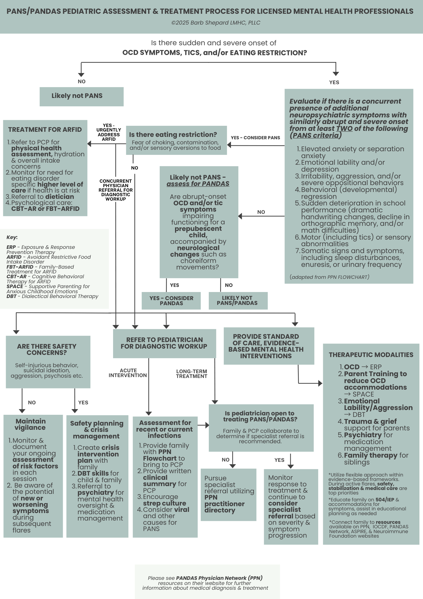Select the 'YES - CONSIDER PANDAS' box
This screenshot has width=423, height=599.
tap(171, 301)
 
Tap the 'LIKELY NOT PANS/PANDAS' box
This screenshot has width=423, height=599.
tap(238, 301)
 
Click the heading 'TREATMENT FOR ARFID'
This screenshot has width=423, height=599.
tap(45, 130)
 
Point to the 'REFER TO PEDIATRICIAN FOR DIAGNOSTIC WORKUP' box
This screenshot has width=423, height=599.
tap(164, 343)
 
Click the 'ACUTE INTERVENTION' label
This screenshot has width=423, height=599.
tap(128, 373)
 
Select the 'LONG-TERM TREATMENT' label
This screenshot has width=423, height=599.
tap(191, 374)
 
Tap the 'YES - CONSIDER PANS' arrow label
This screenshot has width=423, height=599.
tap(255, 138)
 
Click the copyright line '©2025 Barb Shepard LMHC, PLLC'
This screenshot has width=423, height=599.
tap(216, 23)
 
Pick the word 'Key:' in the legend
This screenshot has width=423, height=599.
tap(12, 238)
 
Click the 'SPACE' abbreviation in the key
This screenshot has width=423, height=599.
tap(15, 287)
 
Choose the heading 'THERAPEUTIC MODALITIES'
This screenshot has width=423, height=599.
tap(371, 355)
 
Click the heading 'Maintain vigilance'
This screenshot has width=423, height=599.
tap(31, 424)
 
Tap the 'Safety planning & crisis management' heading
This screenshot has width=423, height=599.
tap(97, 430)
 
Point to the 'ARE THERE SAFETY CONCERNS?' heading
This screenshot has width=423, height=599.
tap(47, 350)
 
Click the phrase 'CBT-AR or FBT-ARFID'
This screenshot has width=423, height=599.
tap(45, 209)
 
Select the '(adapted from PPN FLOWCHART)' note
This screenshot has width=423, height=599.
tap(329, 277)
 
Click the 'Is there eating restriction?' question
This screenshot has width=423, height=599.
tap(173, 135)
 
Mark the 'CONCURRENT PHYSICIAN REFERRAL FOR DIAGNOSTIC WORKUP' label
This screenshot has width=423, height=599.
tap(115, 190)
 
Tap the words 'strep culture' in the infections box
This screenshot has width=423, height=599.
tap(165, 503)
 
